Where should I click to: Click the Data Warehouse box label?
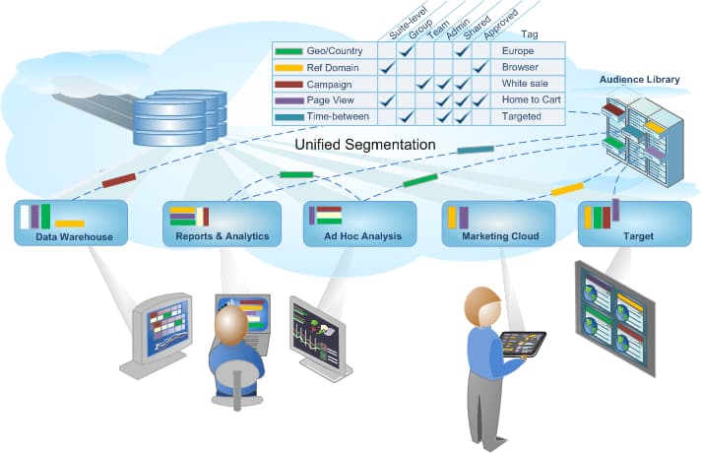pyautogui.click(x=74, y=236)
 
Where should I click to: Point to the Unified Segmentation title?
pyautogui.click(x=365, y=145)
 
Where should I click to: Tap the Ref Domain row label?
pyautogui.click(x=334, y=67)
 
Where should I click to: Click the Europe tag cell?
pyautogui.click(x=518, y=50)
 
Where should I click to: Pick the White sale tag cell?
pyautogui.click(x=524, y=84)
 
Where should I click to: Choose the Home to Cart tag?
pyautogui.click(x=532, y=100)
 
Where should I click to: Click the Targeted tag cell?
pyautogui.click(x=523, y=116)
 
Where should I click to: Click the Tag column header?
pyautogui.click(x=529, y=33)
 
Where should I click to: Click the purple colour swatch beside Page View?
pyautogui.click(x=288, y=100)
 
